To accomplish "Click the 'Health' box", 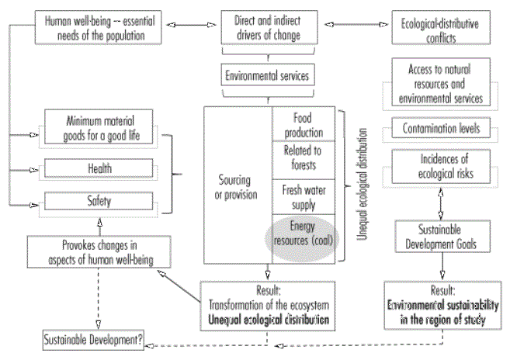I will tap(100, 168).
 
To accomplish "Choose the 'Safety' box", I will tap(100, 202).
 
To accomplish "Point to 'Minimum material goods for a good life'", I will tap(100, 127).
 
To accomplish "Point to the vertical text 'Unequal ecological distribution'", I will tap(362, 187).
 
